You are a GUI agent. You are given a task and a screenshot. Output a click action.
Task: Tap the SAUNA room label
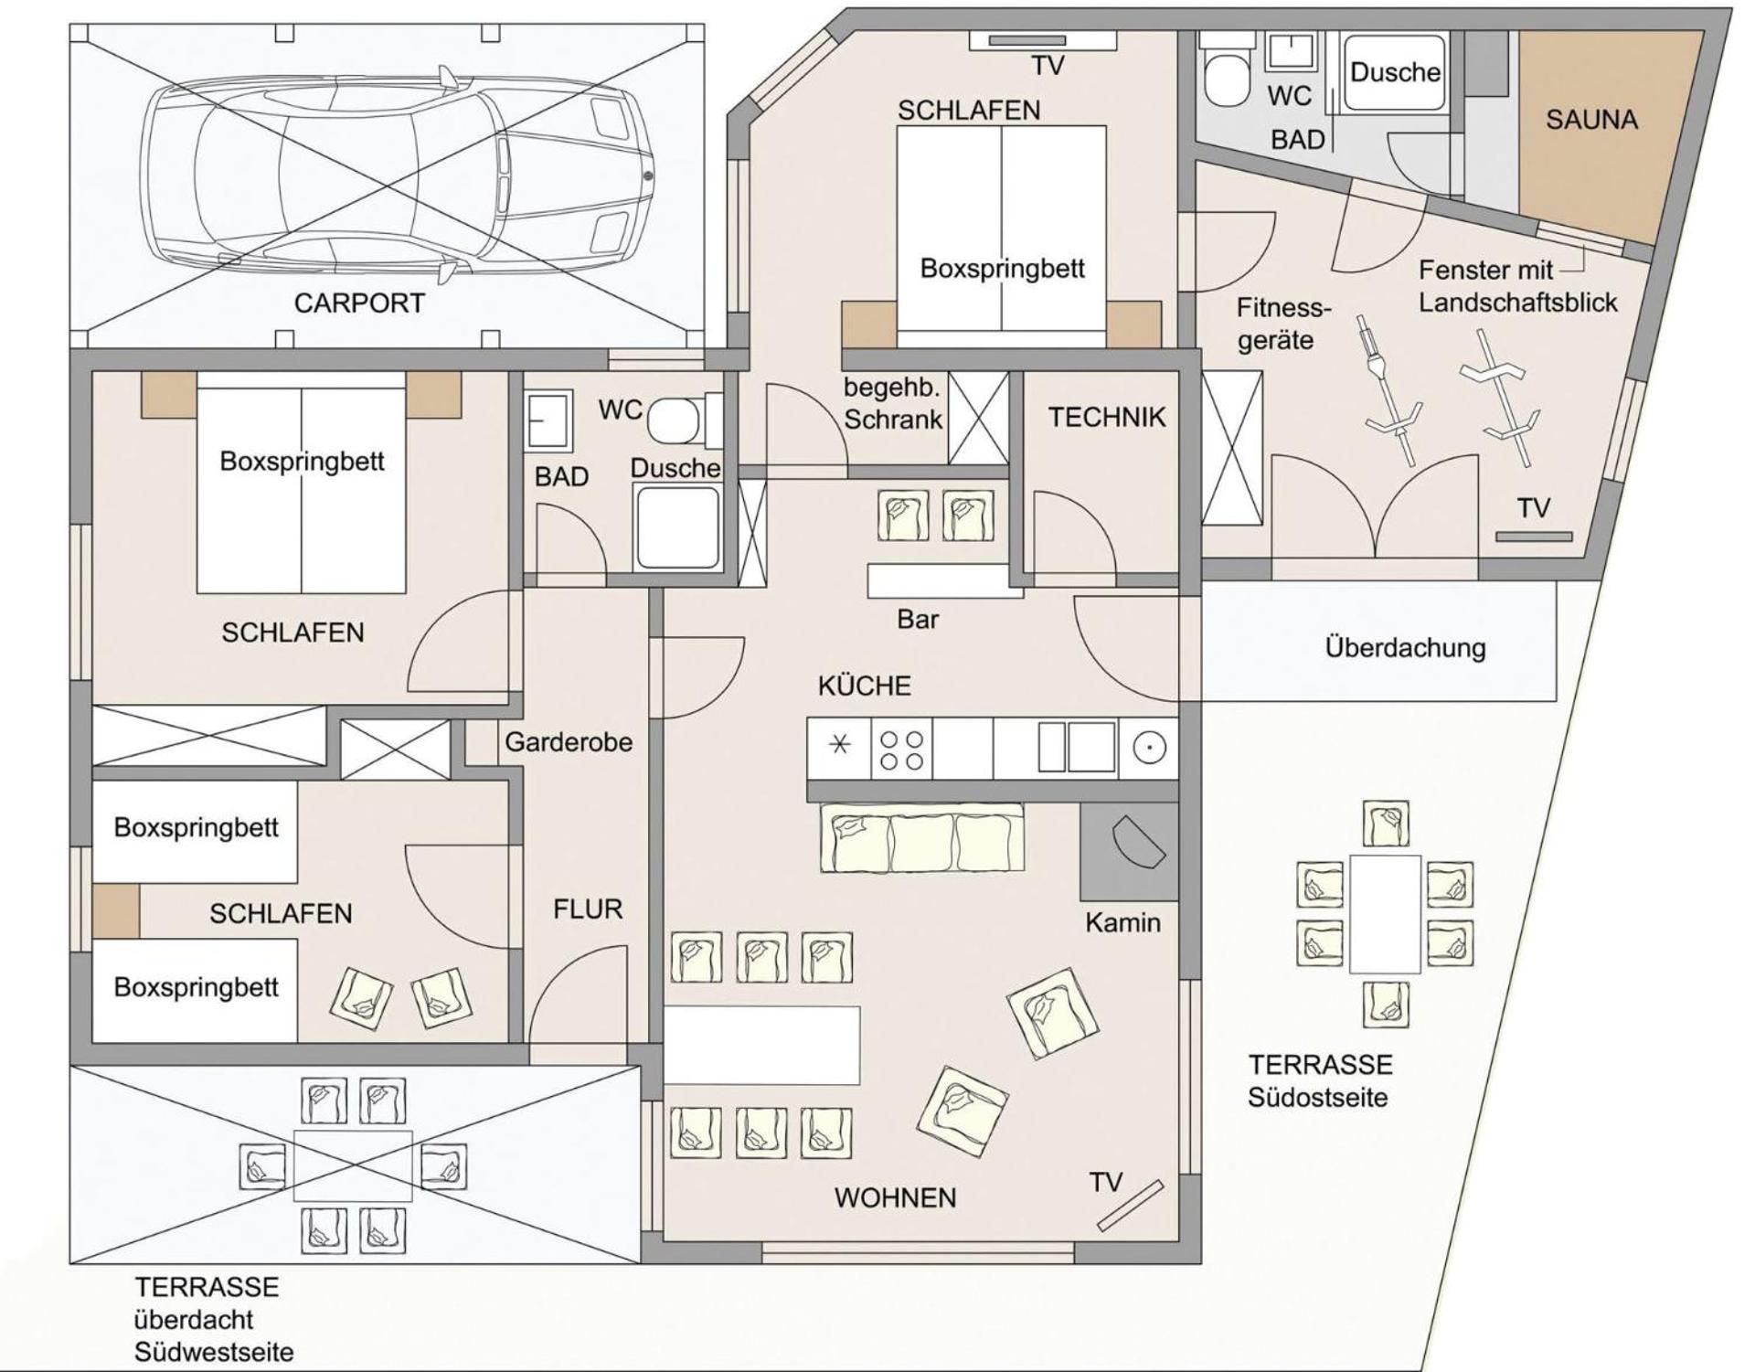[1591, 120]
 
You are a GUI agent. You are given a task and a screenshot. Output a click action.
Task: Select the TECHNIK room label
[1107, 417]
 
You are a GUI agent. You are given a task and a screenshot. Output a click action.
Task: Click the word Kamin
[1122, 922]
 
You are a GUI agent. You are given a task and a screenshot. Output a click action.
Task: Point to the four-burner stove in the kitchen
[900, 749]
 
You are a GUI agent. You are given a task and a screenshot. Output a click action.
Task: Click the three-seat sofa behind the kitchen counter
[921, 838]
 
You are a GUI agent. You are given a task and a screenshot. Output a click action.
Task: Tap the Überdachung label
[1405, 647]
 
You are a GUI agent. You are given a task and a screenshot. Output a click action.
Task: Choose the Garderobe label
[569, 741]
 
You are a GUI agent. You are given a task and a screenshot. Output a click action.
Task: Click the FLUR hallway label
[588, 909]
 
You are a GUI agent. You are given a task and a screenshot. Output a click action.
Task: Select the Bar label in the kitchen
[918, 619]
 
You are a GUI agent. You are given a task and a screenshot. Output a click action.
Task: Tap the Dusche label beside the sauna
[1395, 72]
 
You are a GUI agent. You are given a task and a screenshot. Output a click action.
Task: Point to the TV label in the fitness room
[1534, 508]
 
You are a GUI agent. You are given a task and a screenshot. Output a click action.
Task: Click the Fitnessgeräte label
[1282, 324]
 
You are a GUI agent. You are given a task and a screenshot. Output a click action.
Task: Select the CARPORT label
[359, 303]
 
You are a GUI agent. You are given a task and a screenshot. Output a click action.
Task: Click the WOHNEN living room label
[895, 1197]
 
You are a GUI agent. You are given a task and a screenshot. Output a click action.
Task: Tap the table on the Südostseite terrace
[1385, 913]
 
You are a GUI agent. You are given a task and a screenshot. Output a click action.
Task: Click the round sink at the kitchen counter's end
[1149, 748]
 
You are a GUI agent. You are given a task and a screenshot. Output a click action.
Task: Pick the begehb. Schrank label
[893, 403]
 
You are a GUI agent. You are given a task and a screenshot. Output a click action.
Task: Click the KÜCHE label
[864, 686]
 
